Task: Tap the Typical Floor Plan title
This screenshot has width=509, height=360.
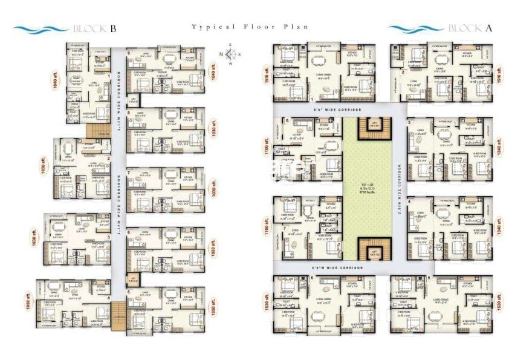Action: tap(250, 27)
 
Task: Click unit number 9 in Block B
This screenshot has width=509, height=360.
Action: tap(129, 53)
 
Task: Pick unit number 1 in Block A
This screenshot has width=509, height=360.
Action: tap(311, 98)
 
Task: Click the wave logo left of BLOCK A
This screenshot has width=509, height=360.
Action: tap(416, 28)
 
